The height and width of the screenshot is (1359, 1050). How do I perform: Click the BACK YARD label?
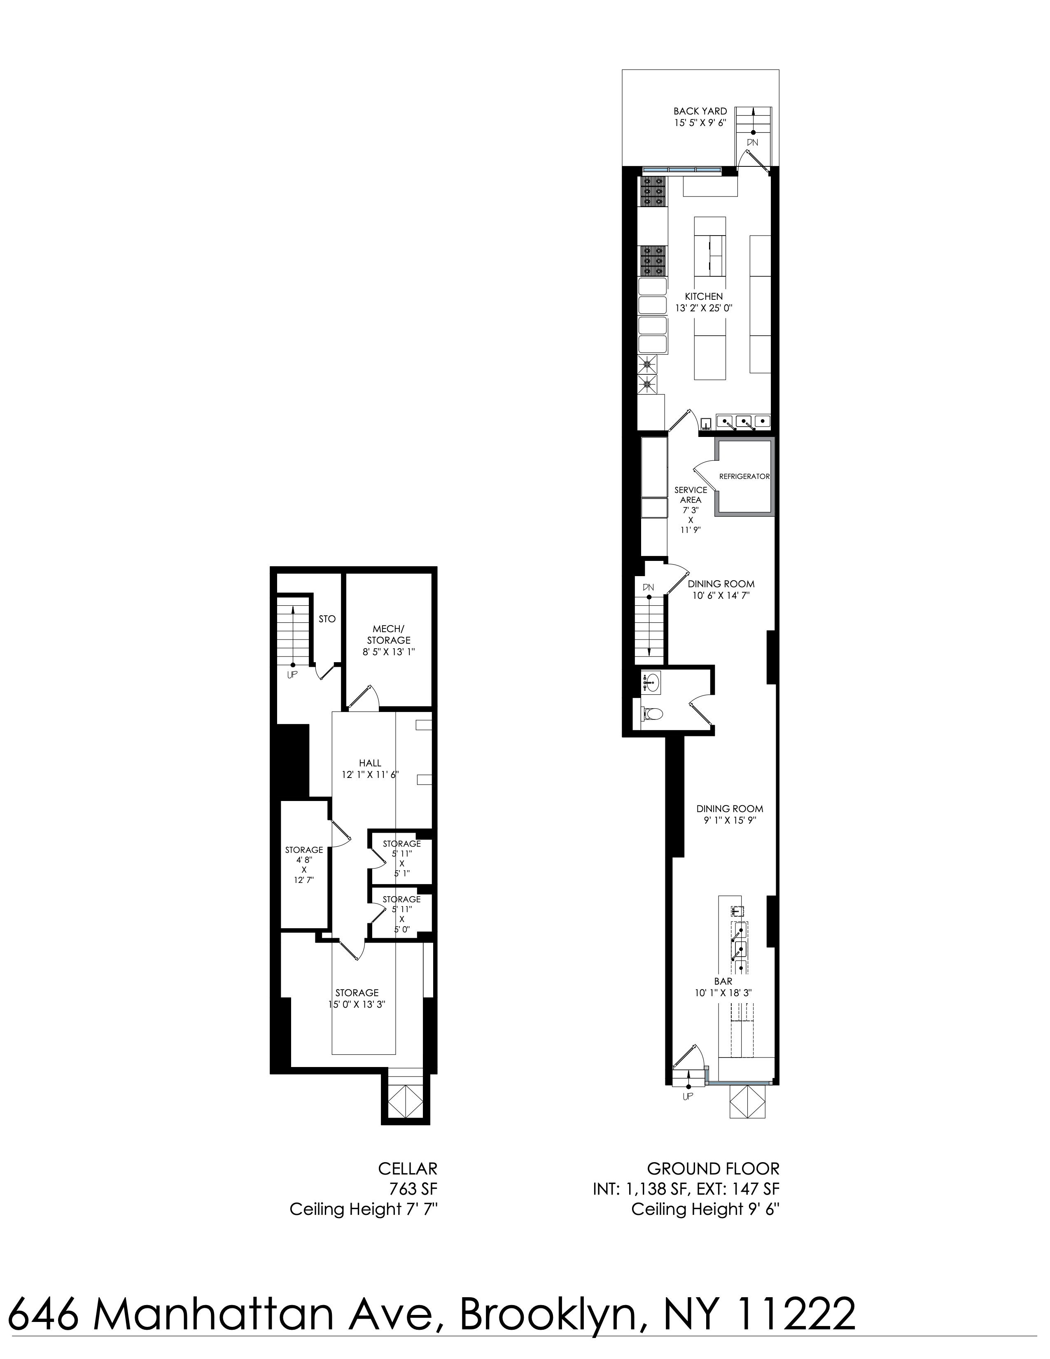[x=700, y=111]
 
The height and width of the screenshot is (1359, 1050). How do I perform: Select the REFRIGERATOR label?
[x=744, y=476]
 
